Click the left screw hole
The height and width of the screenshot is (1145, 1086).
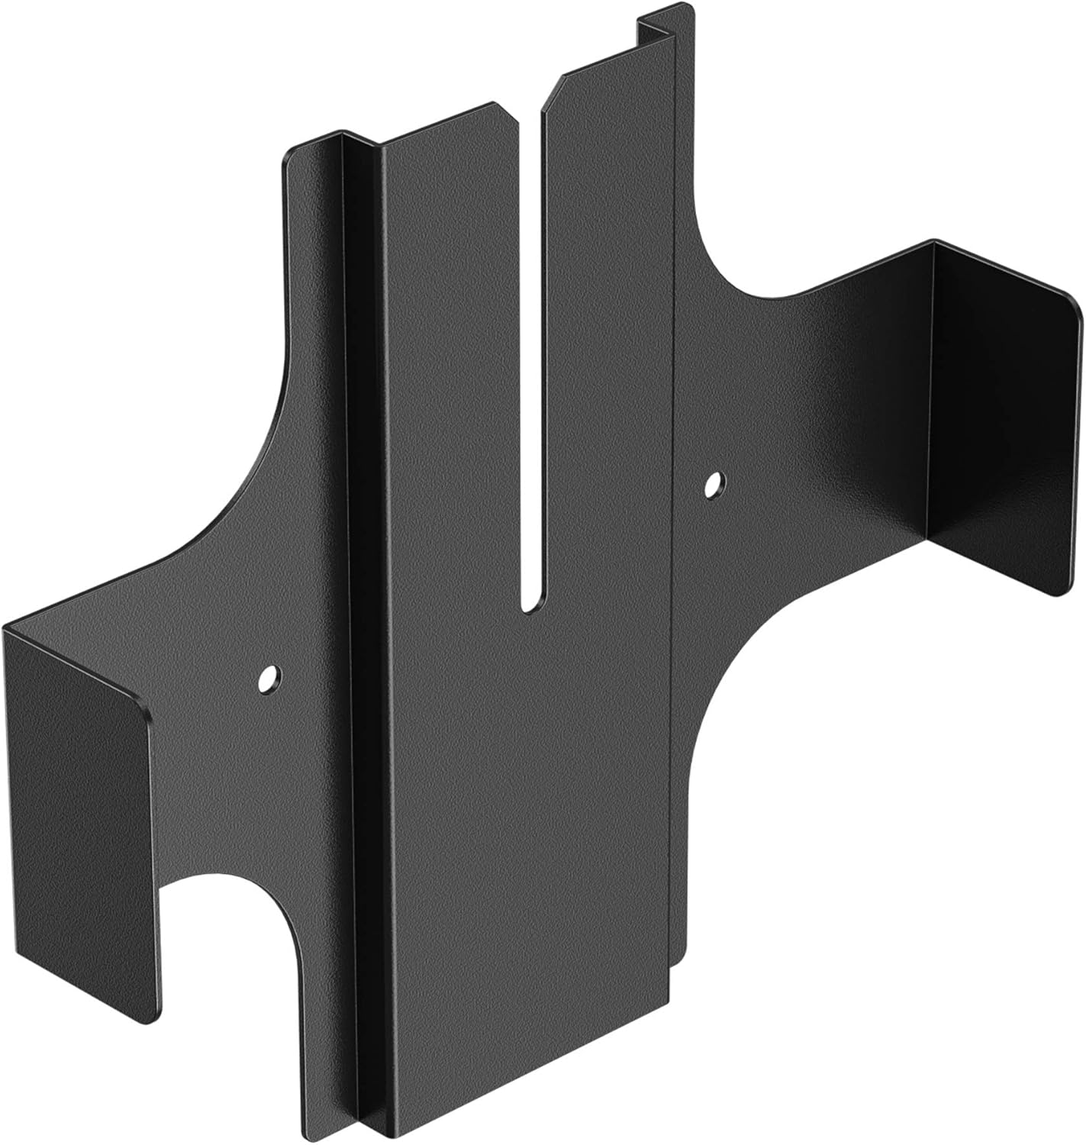(x=269, y=678)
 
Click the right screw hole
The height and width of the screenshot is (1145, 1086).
(x=714, y=484)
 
